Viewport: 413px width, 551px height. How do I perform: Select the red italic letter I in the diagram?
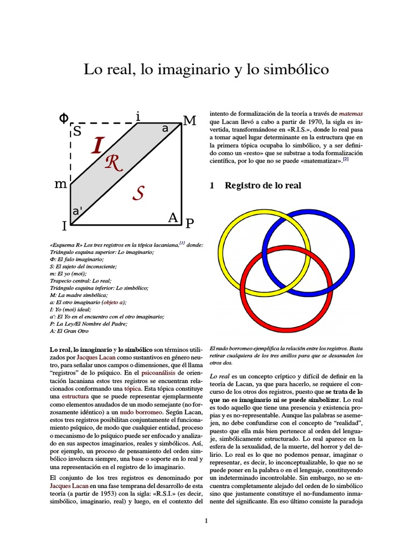(x=97, y=145)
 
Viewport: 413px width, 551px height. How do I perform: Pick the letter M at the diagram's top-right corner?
(x=189, y=121)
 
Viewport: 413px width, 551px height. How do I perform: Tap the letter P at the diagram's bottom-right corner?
(x=189, y=222)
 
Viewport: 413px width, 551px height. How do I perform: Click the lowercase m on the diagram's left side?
(x=61, y=184)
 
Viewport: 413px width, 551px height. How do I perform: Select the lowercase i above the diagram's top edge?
(x=138, y=116)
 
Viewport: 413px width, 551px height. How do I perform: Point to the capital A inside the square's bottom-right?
(x=173, y=217)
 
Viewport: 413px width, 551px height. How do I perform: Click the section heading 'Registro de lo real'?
(x=263, y=186)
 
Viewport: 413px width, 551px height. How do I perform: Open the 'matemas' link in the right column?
(x=351, y=114)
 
